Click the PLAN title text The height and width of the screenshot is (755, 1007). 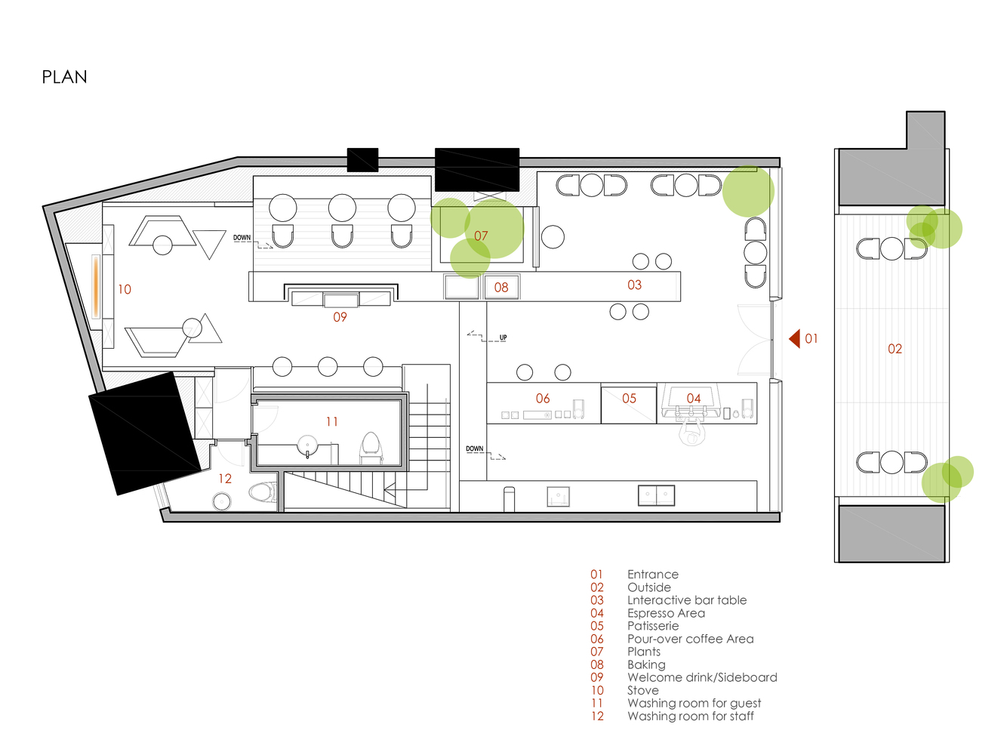[64, 77]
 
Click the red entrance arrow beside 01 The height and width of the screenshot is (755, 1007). [795, 338]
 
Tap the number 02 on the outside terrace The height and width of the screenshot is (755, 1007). [895, 349]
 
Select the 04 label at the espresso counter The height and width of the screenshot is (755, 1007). [693, 398]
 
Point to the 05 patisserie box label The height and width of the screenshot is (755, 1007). [629, 398]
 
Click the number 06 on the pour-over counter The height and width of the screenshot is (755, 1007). [543, 398]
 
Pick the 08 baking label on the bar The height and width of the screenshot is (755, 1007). [501, 288]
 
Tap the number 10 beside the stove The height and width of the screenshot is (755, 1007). [125, 289]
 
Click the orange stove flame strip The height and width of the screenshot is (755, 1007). [97, 286]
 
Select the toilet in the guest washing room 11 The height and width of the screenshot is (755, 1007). [371, 445]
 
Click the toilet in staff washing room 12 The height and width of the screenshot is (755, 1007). [262, 493]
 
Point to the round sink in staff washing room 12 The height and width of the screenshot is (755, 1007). [223, 501]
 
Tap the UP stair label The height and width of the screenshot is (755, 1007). [503, 337]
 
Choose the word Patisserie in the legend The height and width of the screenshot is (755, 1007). [653, 626]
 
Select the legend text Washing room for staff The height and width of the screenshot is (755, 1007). [691, 716]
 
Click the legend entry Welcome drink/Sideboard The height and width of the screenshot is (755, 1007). [702, 677]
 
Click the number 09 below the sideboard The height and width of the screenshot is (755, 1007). [340, 317]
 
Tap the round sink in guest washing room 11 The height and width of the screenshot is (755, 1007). [307, 445]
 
